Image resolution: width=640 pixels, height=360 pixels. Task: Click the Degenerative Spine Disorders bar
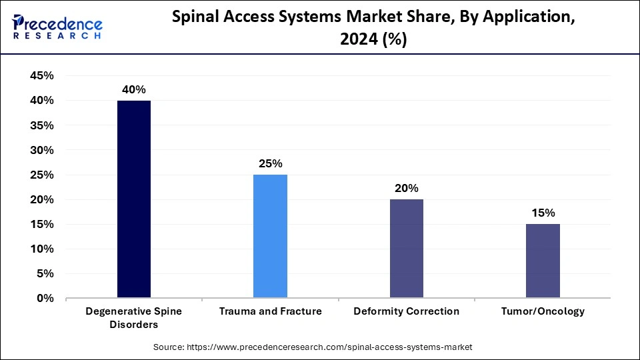click(x=134, y=199)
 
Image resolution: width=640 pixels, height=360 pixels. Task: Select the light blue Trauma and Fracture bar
click(x=270, y=236)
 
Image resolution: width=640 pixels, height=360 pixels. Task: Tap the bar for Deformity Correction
click(x=406, y=249)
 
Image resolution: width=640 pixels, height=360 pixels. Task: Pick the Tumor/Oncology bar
click(x=543, y=261)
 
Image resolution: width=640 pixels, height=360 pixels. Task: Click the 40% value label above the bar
click(x=134, y=90)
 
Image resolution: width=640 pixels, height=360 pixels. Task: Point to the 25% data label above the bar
click(x=270, y=164)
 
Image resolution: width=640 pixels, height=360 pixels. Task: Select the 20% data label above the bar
click(x=406, y=189)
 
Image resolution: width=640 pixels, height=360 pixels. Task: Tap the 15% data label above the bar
click(x=543, y=213)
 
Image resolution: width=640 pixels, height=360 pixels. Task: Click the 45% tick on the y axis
click(x=42, y=76)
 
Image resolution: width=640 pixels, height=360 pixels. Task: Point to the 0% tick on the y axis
click(x=45, y=299)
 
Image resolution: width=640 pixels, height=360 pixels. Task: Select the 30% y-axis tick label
click(x=42, y=150)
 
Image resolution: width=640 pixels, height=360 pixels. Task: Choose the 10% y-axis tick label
click(x=42, y=249)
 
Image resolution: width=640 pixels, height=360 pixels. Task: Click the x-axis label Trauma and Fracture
click(x=270, y=311)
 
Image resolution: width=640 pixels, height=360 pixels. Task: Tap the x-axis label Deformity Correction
click(x=406, y=311)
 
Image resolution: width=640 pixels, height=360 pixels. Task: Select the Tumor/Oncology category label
click(x=543, y=311)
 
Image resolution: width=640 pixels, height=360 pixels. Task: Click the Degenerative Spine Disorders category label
click(x=134, y=317)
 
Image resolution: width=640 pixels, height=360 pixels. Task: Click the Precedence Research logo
click(x=57, y=28)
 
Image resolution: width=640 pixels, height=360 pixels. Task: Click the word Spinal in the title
click(x=196, y=19)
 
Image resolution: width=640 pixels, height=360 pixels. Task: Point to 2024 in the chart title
click(x=357, y=40)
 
